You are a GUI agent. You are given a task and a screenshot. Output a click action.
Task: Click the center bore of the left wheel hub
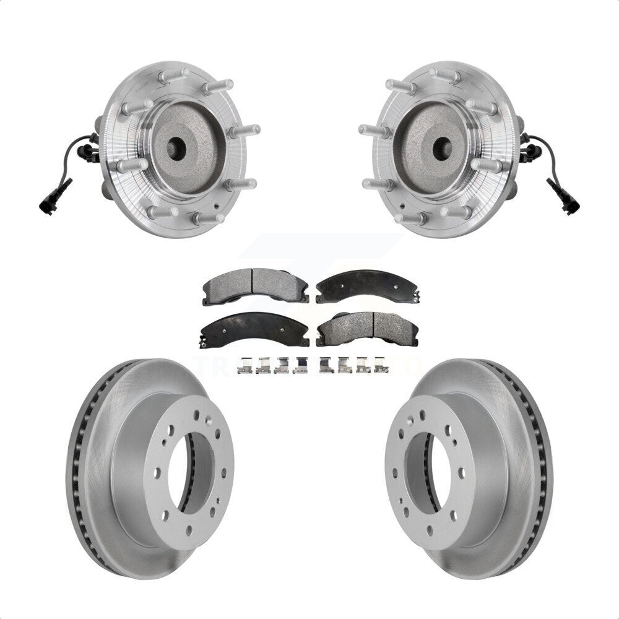175,147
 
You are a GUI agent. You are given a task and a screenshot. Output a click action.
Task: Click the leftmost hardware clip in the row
245,366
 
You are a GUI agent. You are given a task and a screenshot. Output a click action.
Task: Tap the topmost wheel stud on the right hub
446,77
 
